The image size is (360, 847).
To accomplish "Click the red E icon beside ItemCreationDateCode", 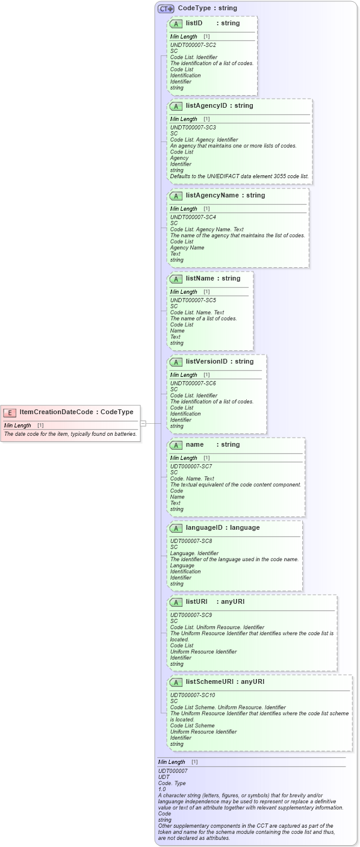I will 10,412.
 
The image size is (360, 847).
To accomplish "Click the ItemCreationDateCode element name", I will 56,412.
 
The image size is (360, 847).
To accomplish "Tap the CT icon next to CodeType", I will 166,9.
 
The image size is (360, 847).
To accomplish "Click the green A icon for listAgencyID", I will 176,106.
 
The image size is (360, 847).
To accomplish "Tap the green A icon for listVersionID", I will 176,362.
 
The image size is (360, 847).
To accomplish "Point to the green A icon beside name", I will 176,445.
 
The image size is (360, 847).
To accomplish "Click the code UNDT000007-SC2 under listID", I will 193,45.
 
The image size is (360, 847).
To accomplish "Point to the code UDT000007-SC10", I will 193,695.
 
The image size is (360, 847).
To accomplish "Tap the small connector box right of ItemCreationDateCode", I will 143,423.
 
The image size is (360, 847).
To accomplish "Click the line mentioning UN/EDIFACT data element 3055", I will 239,176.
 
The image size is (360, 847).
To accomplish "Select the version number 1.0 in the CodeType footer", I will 162,789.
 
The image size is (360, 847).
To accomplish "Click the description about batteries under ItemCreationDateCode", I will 70,434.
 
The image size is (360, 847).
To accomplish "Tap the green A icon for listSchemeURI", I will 176,683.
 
